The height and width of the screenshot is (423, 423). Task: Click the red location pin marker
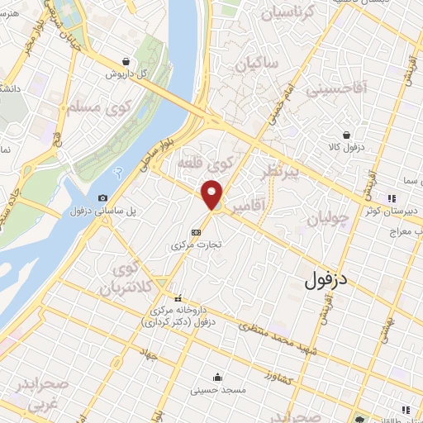click(213, 195)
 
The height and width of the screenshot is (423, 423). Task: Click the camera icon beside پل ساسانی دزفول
click(102, 197)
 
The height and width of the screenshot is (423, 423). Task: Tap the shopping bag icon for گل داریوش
click(125, 61)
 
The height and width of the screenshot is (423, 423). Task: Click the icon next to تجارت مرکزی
click(196, 232)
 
